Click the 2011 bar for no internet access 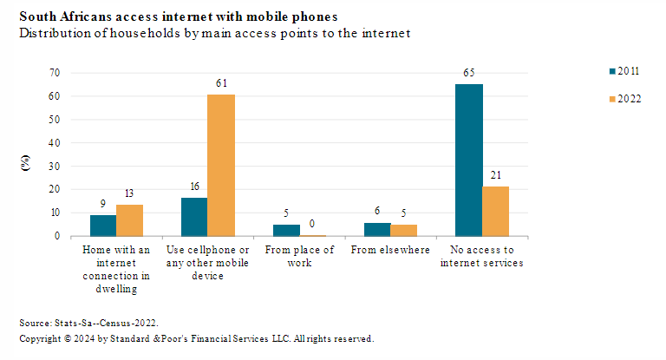[x=469, y=160]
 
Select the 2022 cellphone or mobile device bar [x=221, y=165]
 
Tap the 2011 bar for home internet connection [x=102, y=226]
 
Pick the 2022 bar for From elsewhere [x=403, y=230]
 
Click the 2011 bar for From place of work [x=287, y=230]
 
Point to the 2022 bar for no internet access [x=496, y=211]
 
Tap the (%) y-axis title [x=26, y=162]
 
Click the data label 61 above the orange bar [x=221, y=83]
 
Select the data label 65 [x=469, y=74]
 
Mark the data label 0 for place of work [x=312, y=224]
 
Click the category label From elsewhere [x=390, y=251]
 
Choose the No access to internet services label [x=483, y=257]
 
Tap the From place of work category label [x=300, y=257]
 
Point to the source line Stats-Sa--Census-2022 [x=89, y=321]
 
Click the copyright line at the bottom [x=196, y=338]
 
